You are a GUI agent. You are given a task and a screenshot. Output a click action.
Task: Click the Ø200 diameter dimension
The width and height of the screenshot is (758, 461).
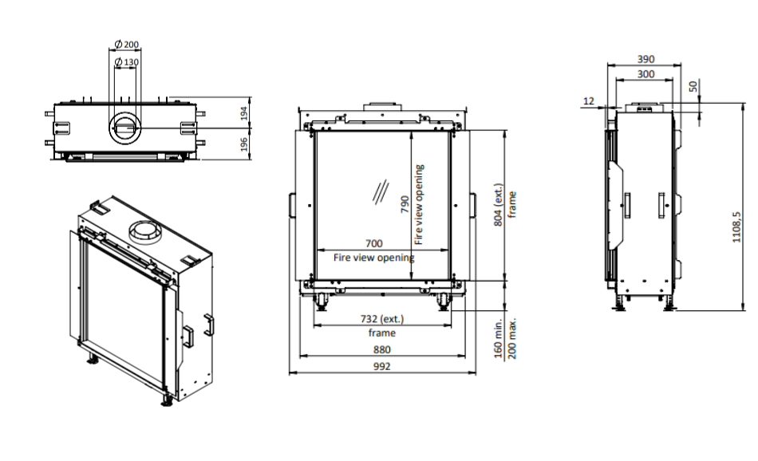pyautogui.click(x=127, y=45)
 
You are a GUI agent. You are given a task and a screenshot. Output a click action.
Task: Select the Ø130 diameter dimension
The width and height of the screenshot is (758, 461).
pyautogui.click(x=127, y=62)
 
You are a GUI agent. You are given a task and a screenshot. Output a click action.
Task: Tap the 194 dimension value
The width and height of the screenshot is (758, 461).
pyautogui.click(x=244, y=113)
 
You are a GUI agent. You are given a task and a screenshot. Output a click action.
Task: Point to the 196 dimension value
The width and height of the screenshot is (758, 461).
pyautogui.click(x=244, y=144)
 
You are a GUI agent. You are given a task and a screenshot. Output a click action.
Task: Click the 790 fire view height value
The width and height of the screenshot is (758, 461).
pyautogui.click(x=405, y=204)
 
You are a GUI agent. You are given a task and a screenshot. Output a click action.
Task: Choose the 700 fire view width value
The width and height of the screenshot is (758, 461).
pyautogui.click(x=373, y=243)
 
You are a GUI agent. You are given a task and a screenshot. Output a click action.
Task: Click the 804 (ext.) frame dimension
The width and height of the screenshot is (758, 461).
pyautogui.click(x=499, y=205)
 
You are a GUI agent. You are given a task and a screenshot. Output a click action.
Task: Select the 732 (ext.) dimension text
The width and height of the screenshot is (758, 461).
pyautogui.click(x=382, y=319)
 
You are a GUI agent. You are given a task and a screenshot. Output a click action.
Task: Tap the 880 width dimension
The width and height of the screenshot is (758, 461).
pyautogui.click(x=382, y=349)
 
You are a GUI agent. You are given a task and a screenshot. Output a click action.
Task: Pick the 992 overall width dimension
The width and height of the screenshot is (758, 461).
pyautogui.click(x=382, y=366)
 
